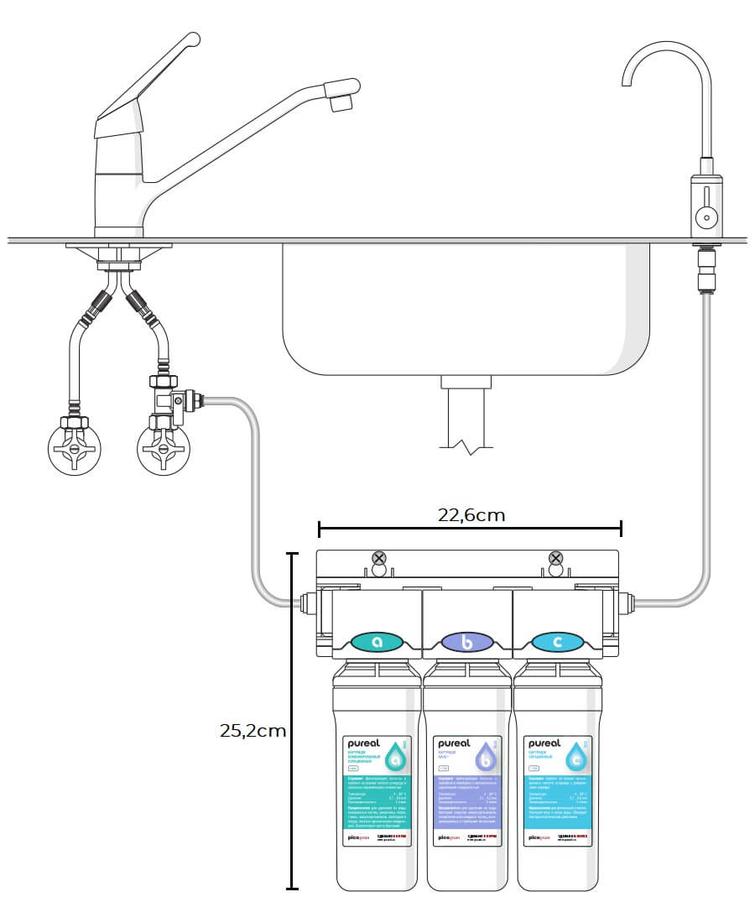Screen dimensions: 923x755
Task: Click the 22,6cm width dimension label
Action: point(471,514)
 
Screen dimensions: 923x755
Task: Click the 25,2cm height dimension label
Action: point(253,730)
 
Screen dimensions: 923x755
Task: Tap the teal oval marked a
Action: point(377,643)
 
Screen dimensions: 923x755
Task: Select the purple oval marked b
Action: point(468,643)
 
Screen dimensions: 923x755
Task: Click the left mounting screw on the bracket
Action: point(379,559)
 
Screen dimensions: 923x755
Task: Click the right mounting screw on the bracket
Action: point(555,559)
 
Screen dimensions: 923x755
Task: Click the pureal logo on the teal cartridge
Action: point(366,744)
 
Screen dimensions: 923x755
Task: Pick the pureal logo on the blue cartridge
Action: point(545,744)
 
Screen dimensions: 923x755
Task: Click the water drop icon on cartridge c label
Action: point(575,759)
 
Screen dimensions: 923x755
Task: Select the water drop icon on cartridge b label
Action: point(486,759)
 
